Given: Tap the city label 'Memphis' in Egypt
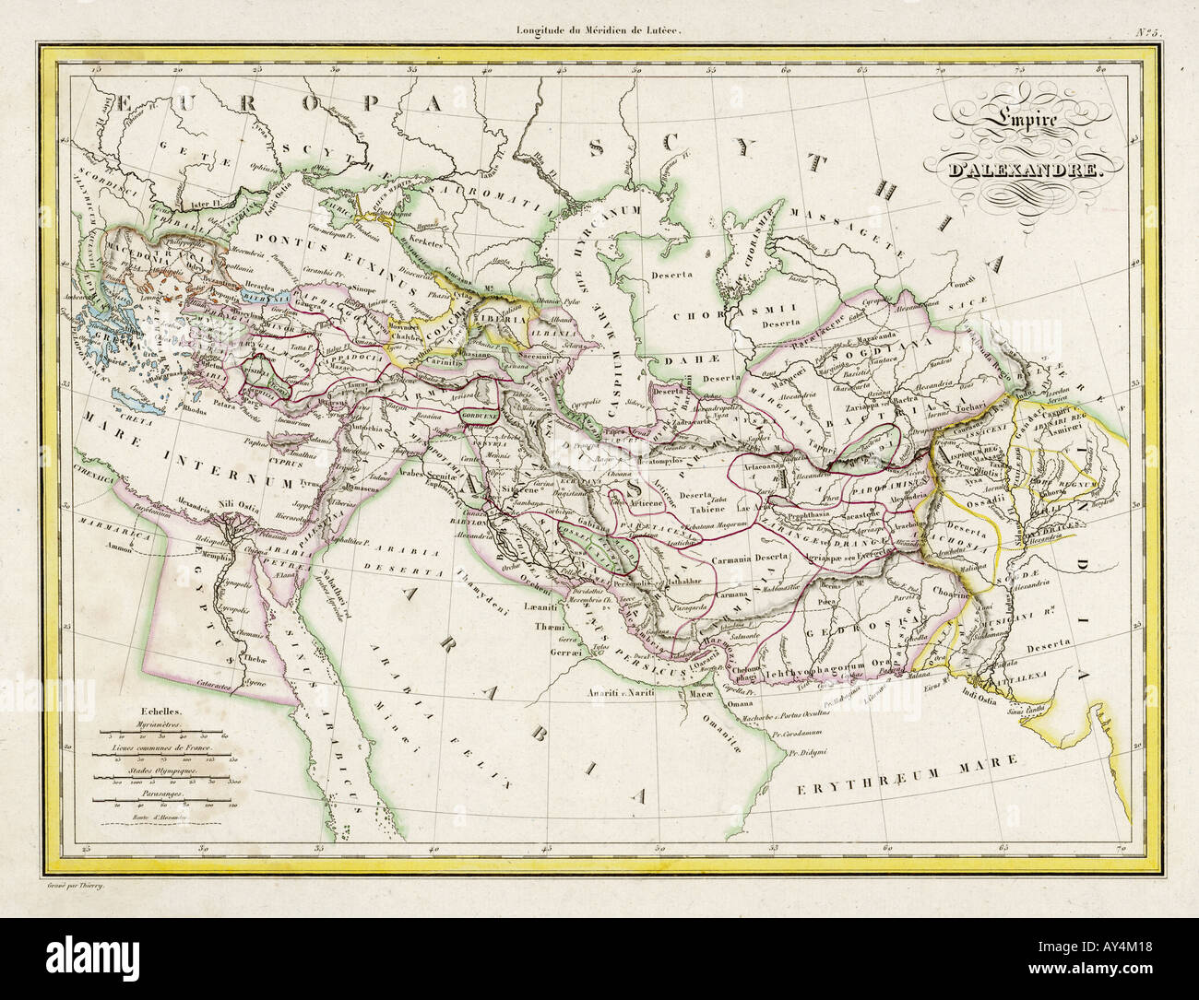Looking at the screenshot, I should pyautogui.click(x=227, y=559).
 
